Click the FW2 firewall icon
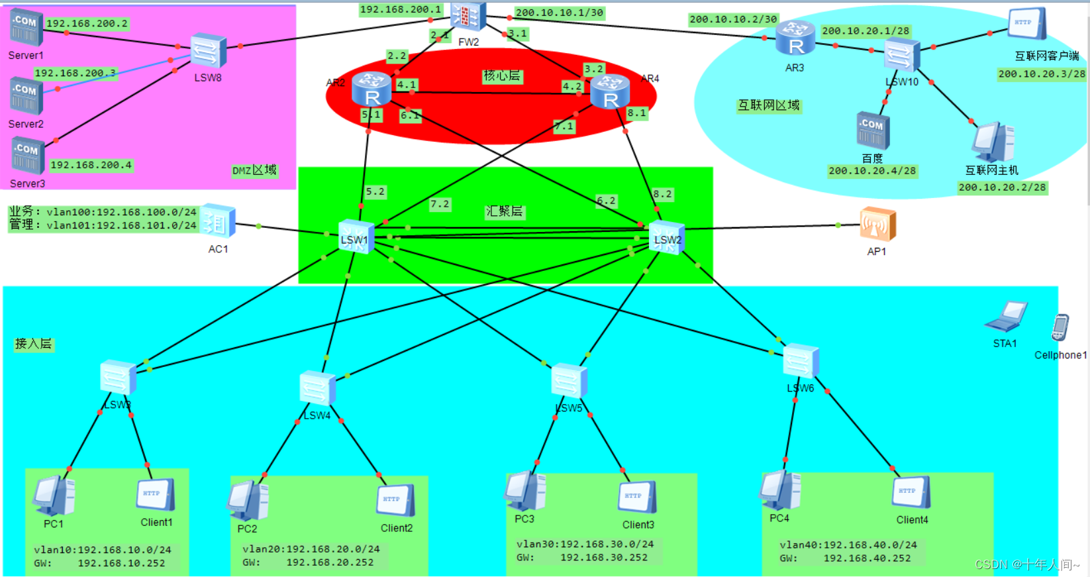coord(468,16)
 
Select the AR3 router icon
coord(795,38)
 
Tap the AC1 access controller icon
coord(218,221)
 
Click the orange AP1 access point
coord(877,224)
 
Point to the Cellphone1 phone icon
coord(1060,328)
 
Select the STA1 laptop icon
coord(1006,317)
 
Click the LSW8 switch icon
coord(208,51)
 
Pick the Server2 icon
coord(26,96)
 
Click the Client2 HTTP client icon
coord(395,501)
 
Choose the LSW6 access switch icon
coord(801,362)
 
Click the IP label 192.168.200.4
coord(91,165)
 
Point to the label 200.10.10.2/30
coord(733,19)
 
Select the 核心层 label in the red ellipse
coord(502,76)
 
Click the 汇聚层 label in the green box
coord(505,211)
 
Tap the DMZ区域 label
coord(254,170)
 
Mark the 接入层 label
coord(33,344)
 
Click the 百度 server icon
coord(873,131)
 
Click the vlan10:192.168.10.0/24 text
coord(103,550)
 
